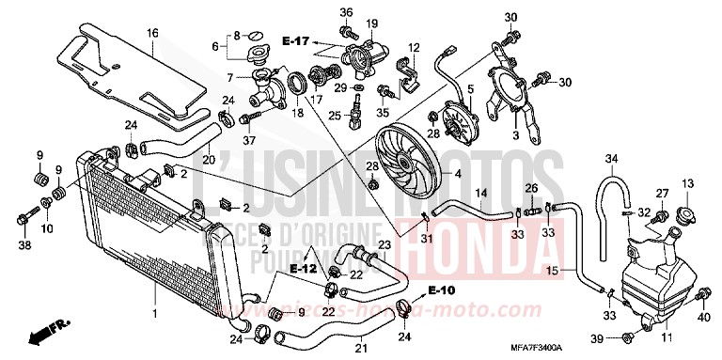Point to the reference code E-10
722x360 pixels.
[x=440, y=289]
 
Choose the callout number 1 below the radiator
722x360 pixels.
[x=153, y=308]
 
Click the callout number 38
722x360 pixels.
[x=24, y=245]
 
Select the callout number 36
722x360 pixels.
[x=345, y=11]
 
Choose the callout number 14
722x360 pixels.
[x=479, y=194]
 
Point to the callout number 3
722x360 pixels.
[x=514, y=136]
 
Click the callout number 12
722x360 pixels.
[x=412, y=47]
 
